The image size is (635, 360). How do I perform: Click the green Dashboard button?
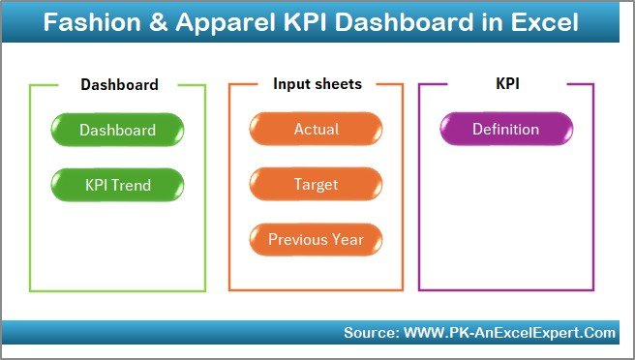click(117, 130)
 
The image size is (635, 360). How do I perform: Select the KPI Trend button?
click(117, 185)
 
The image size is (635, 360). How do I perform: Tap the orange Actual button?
click(316, 130)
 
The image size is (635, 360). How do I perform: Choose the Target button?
click(316, 185)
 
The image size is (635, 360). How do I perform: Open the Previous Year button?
click(316, 240)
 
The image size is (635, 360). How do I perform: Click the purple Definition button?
click(505, 130)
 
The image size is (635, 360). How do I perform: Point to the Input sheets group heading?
click(317, 84)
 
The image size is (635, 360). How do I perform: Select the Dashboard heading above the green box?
click(119, 84)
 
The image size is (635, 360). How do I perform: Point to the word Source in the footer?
click(368, 333)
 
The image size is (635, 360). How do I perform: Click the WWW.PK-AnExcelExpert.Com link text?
click(507, 333)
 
